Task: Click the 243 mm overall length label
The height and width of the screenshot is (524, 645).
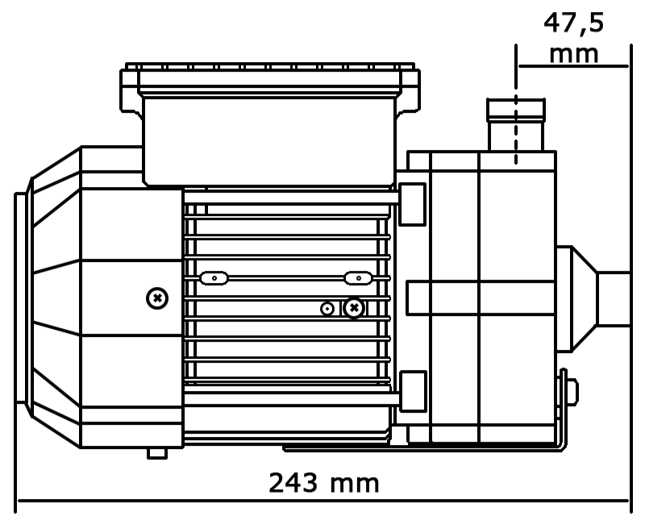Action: pyautogui.click(x=324, y=482)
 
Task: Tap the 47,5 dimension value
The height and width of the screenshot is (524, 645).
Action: pyautogui.click(x=574, y=23)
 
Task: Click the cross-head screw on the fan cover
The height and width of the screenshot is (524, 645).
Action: pyautogui.click(x=157, y=298)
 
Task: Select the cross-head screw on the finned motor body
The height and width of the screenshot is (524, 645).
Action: pyautogui.click(x=354, y=308)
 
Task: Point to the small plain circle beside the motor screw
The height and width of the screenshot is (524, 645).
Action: pyautogui.click(x=327, y=309)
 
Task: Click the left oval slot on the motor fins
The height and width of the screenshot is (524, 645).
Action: pyautogui.click(x=214, y=278)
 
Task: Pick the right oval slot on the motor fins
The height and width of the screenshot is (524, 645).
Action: pyautogui.click(x=358, y=278)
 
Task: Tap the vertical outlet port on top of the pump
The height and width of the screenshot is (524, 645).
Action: pyautogui.click(x=516, y=125)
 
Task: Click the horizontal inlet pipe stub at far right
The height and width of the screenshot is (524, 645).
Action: pyautogui.click(x=614, y=299)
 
